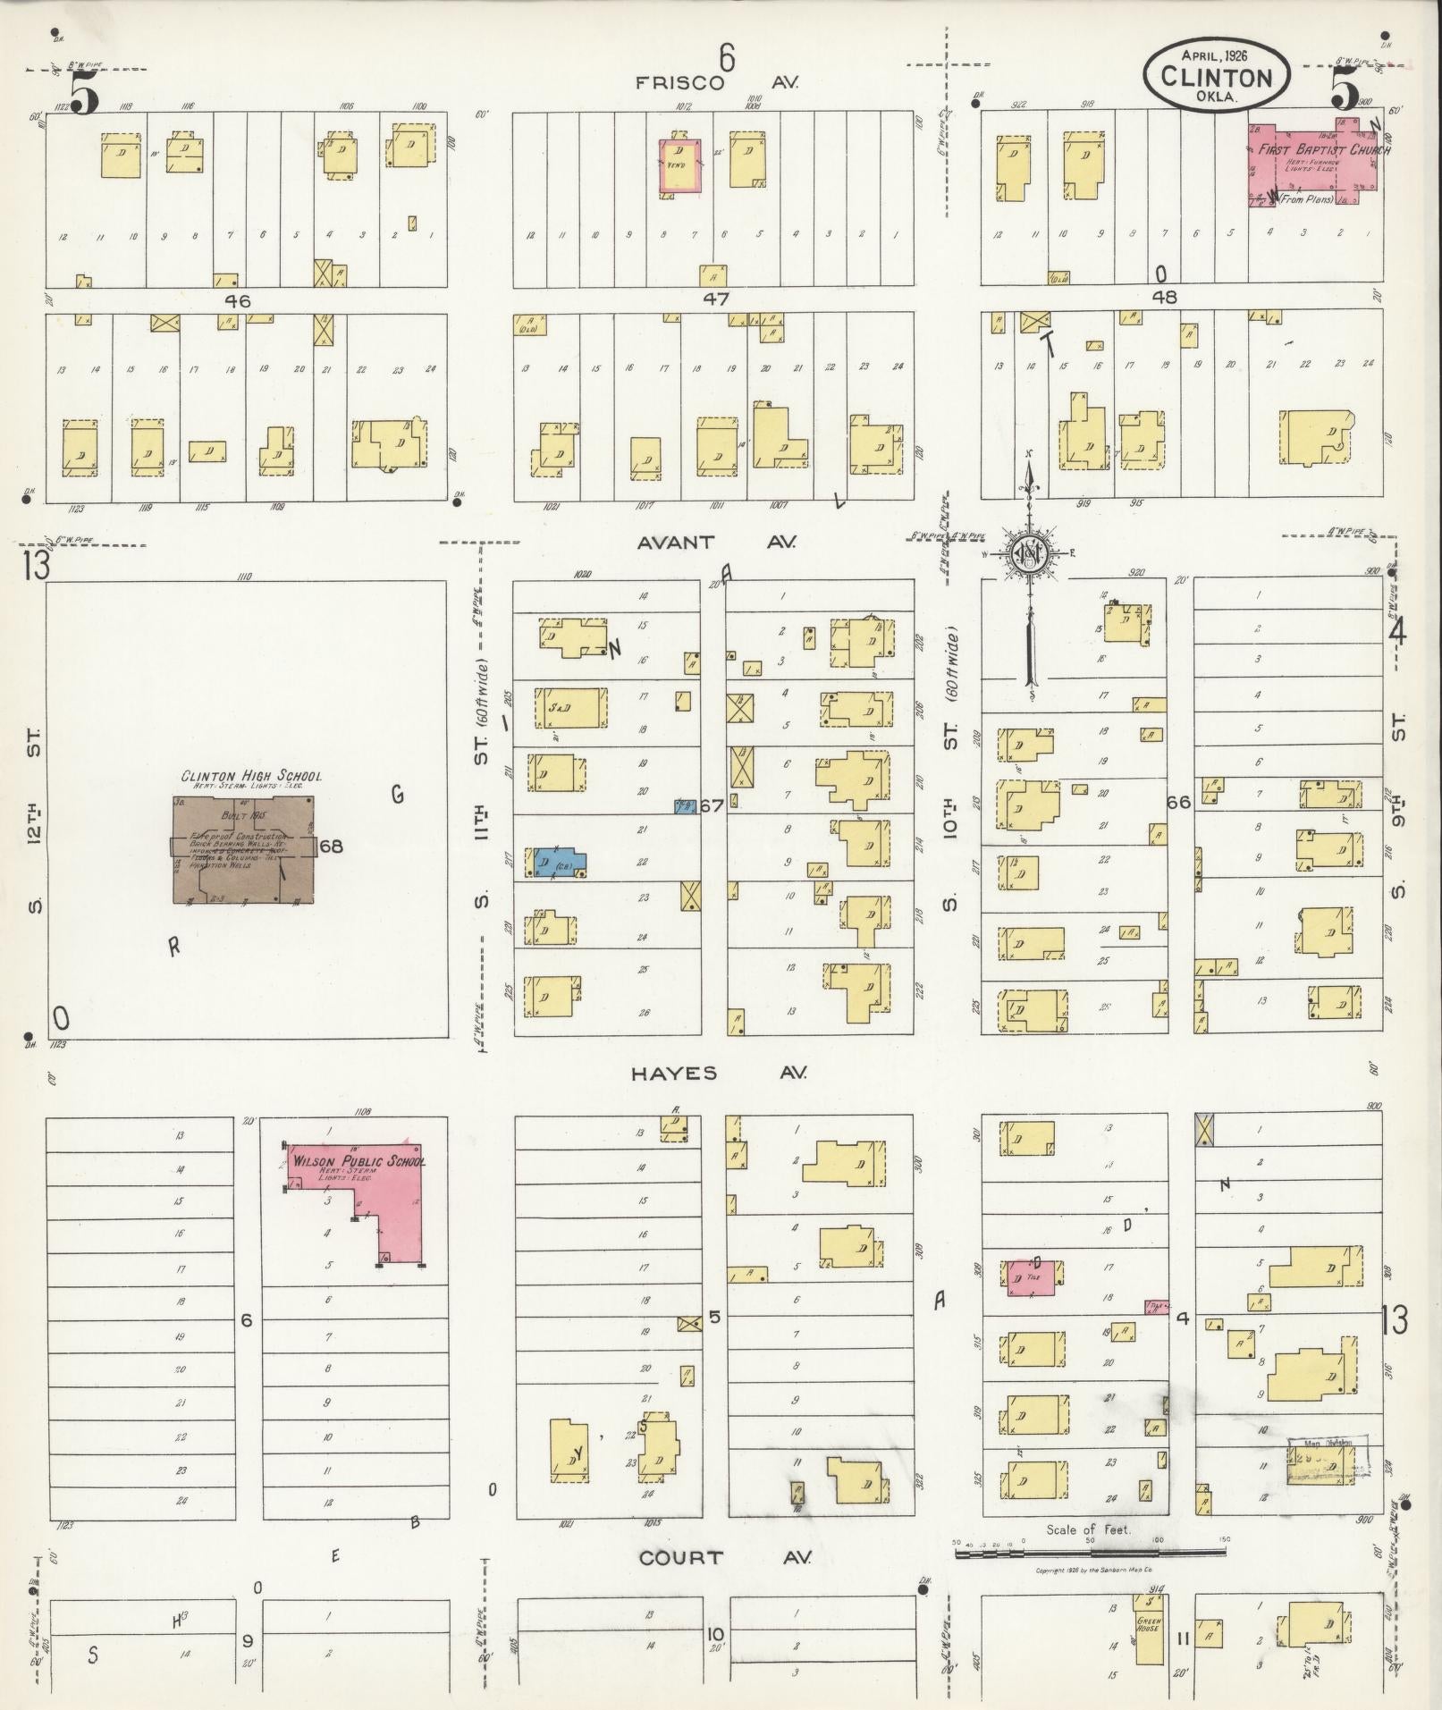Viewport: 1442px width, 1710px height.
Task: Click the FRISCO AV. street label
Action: (x=716, y=83)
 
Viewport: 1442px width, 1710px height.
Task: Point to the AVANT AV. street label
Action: (x=716, y=543)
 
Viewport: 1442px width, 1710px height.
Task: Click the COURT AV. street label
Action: (x=724, y=1557)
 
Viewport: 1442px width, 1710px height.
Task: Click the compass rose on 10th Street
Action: (x=1029, y=555)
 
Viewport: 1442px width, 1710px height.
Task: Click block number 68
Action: (x=331, y=846)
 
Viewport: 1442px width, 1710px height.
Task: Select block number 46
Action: (x=238, y=301)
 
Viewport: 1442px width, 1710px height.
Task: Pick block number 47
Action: (x=715, y=299)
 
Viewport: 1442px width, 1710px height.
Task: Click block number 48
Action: (x=1165, y=297)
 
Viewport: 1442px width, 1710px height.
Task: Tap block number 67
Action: (x=712, y=806)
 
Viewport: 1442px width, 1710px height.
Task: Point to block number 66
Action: (x=1178, y=802)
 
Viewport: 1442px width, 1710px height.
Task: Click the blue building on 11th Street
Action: (x=559, y=863)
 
